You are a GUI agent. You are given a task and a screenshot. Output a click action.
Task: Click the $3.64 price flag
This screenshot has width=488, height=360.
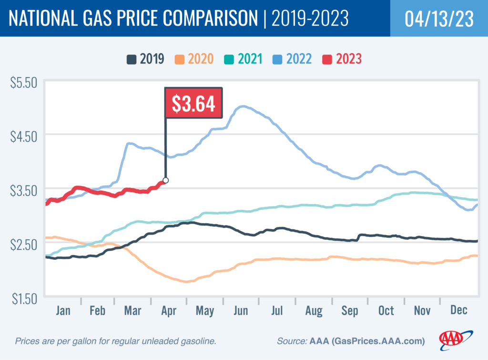[x=193, y=103]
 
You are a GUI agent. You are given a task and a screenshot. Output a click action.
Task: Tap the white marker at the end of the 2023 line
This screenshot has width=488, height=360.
[x=165, y=180]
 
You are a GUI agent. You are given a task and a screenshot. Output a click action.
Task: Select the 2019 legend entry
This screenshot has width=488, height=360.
[x=146, y=60]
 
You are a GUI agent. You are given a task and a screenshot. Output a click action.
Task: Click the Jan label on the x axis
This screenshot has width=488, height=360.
[x=63, y=310]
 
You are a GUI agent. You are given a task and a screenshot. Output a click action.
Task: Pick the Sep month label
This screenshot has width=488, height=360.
[x=350, y=310]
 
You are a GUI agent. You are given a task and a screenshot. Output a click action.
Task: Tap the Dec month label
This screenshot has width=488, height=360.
[x=459, y=310]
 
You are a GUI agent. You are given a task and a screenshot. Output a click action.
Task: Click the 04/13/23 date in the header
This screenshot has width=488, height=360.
[x=439, y=19]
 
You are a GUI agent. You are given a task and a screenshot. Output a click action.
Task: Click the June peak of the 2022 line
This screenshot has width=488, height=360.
[x=243, y=106]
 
